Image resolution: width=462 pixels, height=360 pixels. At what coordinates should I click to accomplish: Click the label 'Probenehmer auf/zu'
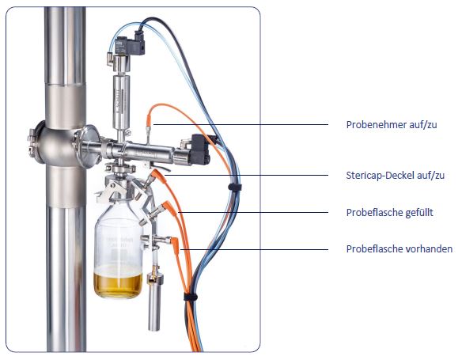pyautogui.click(x=392, y=125)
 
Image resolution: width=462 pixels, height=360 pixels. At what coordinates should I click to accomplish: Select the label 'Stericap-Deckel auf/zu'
pyautogui.click(x=395, y=176)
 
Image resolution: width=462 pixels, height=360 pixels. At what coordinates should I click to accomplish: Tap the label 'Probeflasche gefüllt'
pyautogui.click(x=389, y=212)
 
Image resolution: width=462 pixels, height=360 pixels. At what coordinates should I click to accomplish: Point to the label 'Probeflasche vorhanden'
pyautogui.click(x=400, y=249)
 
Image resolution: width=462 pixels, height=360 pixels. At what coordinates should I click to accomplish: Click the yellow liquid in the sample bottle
pyautogui.click(x=118, y=284)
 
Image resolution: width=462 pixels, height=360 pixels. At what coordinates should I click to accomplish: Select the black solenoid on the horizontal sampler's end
pyautogui.click(x=199, y=149)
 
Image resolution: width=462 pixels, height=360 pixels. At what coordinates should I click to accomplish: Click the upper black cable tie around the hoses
pyautogui.click(x=235, y=187)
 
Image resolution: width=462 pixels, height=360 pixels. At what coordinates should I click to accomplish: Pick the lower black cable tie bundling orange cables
pyautogui.click(x=191, y=297)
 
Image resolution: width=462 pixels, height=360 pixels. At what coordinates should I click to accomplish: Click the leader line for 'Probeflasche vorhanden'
pyautogui.click(x=254, y=249)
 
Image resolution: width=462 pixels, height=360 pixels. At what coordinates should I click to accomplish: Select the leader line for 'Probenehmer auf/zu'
pyautogui.click(x=240, y=125)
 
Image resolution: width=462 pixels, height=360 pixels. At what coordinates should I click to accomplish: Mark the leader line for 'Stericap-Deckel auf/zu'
pyautogui.click(x=246, y=176)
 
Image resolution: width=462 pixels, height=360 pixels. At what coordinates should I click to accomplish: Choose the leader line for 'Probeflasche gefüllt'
pyautogui.click(x=253, y=212)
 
